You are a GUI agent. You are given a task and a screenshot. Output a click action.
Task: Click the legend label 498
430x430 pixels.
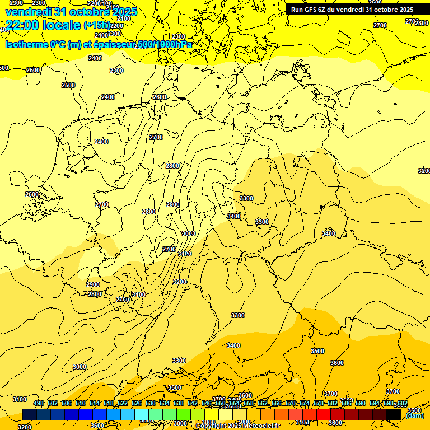coord(39,403)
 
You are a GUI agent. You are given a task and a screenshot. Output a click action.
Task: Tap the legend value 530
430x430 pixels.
coord(151,403)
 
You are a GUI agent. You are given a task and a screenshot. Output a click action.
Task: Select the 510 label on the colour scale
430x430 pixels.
coord(81,403)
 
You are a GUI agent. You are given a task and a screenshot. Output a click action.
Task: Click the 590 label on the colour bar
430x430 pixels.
coord(361,403)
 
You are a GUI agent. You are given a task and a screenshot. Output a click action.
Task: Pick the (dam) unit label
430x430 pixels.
coord(415,416)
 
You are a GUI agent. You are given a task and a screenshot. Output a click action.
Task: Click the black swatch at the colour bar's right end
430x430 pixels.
coord(394,414)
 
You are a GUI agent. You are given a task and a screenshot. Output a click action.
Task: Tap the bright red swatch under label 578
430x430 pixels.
coord(323,414)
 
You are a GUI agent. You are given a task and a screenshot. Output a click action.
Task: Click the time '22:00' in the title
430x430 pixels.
coord(22,25)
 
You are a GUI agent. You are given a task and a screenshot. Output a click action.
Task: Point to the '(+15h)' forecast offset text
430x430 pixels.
coord(96,25)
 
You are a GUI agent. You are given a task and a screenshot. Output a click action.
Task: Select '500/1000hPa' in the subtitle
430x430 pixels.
coord(163,44)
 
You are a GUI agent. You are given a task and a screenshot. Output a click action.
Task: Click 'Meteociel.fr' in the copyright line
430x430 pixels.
coord(260,426)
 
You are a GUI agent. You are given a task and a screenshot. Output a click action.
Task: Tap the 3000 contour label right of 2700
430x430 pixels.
coord(189,233)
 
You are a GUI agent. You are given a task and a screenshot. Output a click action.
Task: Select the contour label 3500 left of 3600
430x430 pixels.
coord(317,351)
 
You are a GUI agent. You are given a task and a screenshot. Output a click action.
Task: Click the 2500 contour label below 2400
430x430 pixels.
coord(68,85)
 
